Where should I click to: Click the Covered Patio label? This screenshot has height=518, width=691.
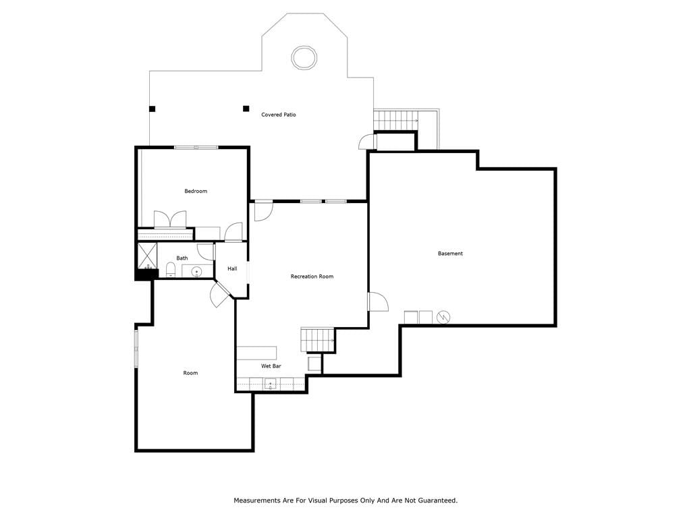coord(279,115)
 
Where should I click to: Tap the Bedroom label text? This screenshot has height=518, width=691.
coord(196,191)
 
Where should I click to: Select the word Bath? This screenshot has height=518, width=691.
coord(182,258)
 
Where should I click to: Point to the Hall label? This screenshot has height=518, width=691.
coord(232,268)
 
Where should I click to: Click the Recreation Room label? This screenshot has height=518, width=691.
coord(312,277)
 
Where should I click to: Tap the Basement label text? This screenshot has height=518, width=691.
coord(450,254)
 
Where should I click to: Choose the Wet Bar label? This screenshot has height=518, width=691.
coord(271,366)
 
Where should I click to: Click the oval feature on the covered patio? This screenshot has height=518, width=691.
coord(304,57)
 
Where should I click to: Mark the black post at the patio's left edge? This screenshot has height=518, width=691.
coord(152,109)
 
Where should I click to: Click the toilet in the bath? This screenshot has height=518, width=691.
coord(171,270)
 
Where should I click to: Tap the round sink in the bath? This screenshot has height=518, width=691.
coord(196,272)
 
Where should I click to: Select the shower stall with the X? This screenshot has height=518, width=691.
coord(147,256)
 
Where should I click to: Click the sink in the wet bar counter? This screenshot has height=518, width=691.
coord(270,384)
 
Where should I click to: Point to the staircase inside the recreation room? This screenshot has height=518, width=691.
coord(318,340)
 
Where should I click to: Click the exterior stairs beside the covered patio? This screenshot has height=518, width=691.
coord(395,121)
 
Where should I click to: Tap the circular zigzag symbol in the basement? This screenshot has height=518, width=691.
coord(443,317)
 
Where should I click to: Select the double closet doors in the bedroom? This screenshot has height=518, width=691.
coord(170,219)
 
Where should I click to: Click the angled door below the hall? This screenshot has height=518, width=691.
coord(219,294)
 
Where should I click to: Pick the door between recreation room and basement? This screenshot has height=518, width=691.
coord(378,301)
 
